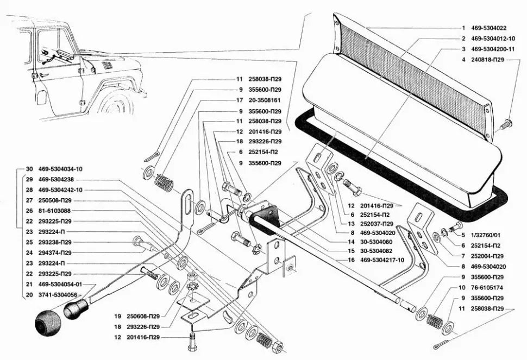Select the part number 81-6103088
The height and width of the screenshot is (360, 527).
pyautogui.click(x=57, y=211)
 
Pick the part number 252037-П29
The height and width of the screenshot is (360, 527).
pyautogui.click(x=379, y=224)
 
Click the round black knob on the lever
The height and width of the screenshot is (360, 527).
pyautogui.click(x=47, y=324)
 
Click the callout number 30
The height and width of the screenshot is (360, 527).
pyautogui.click(x=29, y=169)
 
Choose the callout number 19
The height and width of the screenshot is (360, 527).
pyautogui.click(x=117, y=316)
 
